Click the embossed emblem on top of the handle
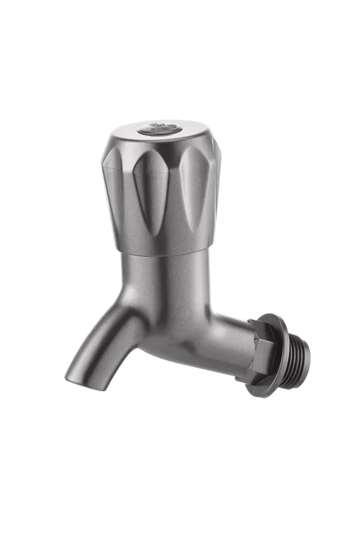(159, 128)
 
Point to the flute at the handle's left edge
(114, 180)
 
